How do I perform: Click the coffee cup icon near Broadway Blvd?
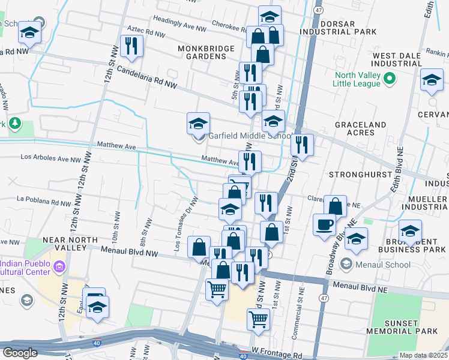[325, 224]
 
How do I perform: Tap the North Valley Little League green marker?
[389, 79]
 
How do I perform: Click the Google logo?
[20, 353]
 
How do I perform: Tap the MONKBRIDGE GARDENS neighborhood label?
[201, 52]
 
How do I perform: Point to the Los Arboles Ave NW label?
[50, 158]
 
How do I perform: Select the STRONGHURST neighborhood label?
[357, 174]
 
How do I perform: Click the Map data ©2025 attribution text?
[423, 355]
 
